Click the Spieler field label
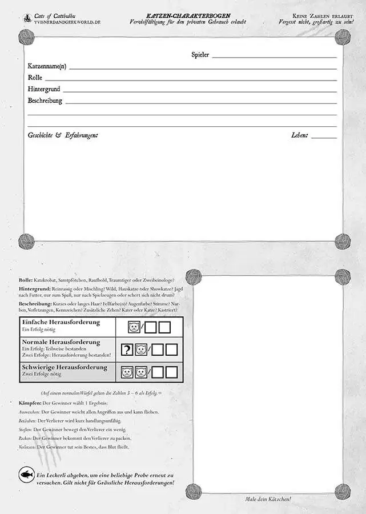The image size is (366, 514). [x=200, y=55]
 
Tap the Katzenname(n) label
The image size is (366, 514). [x=47, y=66]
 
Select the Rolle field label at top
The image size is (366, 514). [x=35, y=78]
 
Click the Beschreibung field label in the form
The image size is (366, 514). [x=45, y=101]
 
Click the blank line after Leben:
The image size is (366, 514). [x=324, y=136]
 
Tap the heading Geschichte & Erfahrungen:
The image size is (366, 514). [x=63, y=135]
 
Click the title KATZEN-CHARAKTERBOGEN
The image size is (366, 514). [x=188, y=14]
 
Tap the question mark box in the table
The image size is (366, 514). [x=127, y=350]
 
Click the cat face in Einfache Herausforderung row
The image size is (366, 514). [x=133, y=327]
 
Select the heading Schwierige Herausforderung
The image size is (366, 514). [x=64, y=367]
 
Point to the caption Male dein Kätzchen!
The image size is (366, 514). [x=267, y=499]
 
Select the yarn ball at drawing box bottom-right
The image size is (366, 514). [x=343, y=491]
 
